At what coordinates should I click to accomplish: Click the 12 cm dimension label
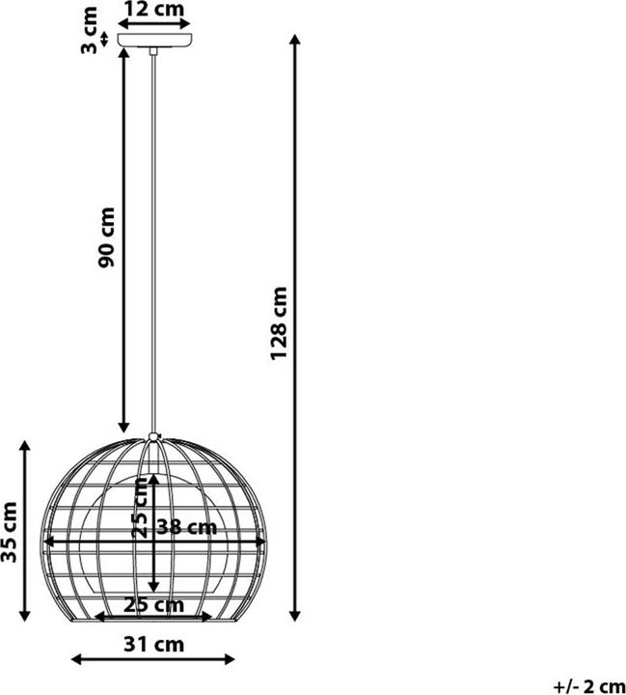pos(153,9)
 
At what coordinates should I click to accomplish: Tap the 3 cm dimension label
pos(89,30)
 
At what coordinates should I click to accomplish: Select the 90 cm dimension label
pos(106,237)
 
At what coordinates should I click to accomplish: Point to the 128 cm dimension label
pos(279,323)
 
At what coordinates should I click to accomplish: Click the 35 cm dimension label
pos(9,532)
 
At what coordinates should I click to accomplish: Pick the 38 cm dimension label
pos(187,527)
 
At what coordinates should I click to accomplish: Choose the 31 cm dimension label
pos(153,644)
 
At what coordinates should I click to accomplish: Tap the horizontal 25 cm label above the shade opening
pos(153,605)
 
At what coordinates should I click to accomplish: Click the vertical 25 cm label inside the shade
pos(140,508)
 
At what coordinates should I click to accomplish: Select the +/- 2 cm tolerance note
pos(589,686)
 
